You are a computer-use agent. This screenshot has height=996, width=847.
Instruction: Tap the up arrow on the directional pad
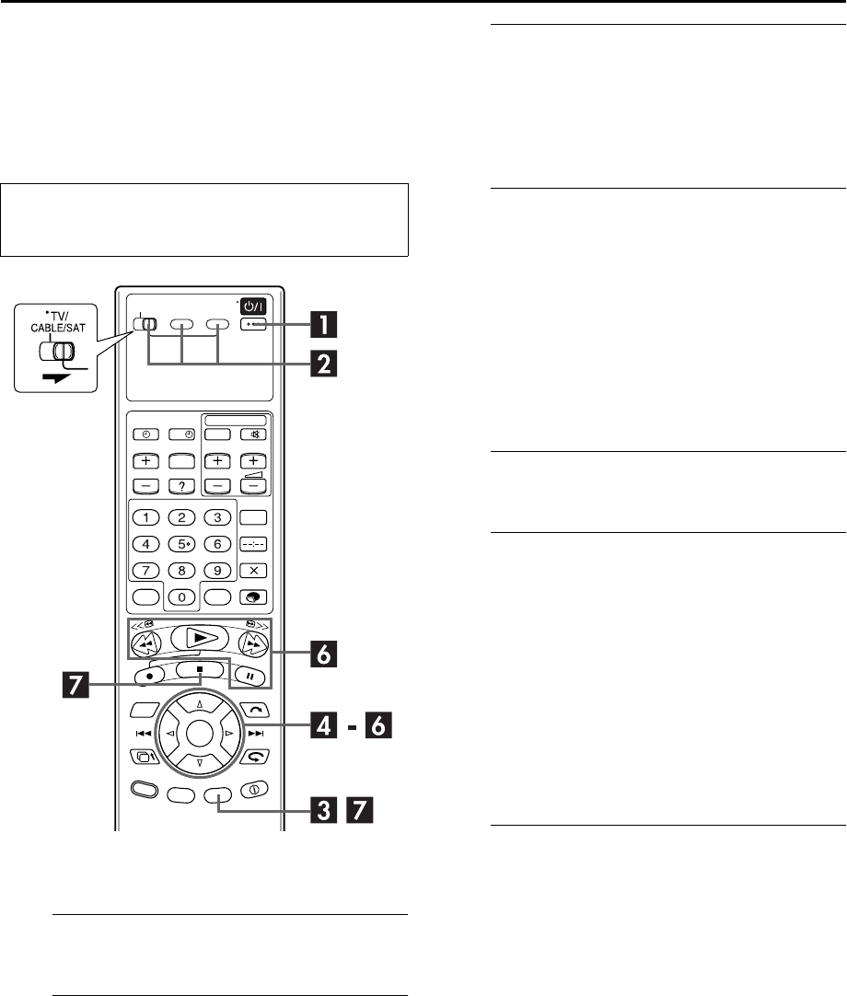[x=200, y=705]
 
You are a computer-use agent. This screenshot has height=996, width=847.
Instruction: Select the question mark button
[x=183, y=486]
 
